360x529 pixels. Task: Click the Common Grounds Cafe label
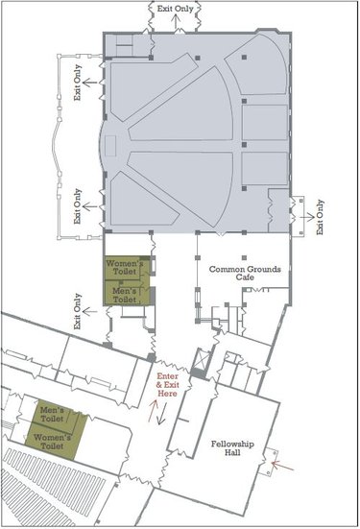[x=245, y=274]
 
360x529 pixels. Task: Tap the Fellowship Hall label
[x=232, y=448]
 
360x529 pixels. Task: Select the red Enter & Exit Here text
[x=168, y=385]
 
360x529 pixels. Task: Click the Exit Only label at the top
[x=175, y=9]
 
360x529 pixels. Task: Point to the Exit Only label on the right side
[x=320, y=217]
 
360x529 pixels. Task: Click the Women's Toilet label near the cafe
[x=125, y=267]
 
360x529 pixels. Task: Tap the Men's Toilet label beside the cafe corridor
[x=125, y=295]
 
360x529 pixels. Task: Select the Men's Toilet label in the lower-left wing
[x=52, y=415]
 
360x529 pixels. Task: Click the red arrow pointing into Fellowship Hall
[x=283, y=466]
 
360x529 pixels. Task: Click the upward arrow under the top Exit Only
[x=175, y=22]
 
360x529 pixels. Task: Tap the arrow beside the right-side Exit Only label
[x=307, y=217]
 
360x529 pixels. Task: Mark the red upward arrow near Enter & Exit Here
[x=153, y=411]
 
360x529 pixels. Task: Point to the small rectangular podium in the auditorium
[x=110, y=146]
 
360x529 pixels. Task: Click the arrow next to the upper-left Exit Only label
[x=90, y=82]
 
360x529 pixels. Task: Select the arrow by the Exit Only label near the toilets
[x=90, y=311]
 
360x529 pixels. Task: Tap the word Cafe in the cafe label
[x=245, y=277]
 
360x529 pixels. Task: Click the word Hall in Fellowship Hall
[x=233, y=452]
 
